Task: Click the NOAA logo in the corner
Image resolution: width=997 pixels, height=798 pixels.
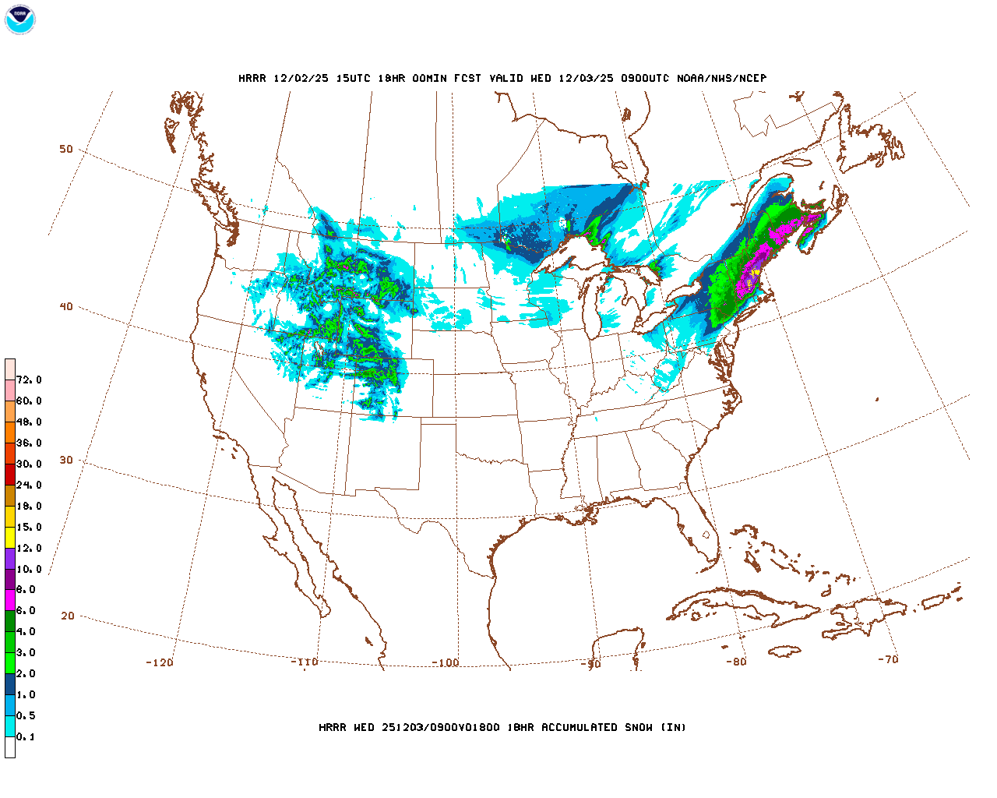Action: [x=19, y=19]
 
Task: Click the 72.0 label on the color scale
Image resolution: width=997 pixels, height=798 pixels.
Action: [x=29, y=380]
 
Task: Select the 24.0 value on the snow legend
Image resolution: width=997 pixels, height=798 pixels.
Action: [x=29, y=486]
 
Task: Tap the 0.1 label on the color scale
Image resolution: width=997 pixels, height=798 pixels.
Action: [x=26, y=737]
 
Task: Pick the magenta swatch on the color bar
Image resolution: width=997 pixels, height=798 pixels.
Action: [x=10, y=600]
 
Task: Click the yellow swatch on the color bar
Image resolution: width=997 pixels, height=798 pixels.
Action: [x=10, y=537]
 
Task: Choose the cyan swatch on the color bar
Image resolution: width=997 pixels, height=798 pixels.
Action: [x=10, y=726]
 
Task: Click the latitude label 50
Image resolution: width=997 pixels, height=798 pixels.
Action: [x=66, y=150]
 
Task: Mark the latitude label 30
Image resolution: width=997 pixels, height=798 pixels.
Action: [x=66, y=461]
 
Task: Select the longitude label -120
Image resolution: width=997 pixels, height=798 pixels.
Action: [x=160, y=663]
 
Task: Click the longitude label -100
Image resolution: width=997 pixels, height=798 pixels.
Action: [x=446, y=663]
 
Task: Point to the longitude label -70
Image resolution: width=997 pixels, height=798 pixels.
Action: [x=888, y=659]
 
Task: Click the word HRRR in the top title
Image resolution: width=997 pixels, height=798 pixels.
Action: [x=252, y=79]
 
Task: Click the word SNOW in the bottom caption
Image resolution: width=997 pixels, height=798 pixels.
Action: [x=639, y=728]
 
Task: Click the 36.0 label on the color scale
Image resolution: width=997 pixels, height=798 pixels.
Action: [x=29, y=443]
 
